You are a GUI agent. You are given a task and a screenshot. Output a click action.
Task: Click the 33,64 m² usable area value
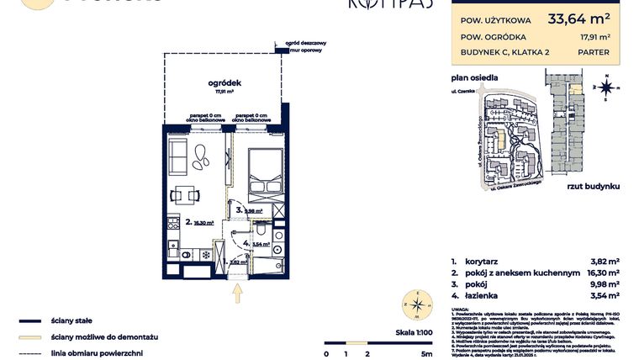pos(579,16)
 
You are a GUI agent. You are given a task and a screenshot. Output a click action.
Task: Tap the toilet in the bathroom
pos(262,229)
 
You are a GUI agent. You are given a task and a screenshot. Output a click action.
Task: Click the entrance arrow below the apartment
pos(238,293)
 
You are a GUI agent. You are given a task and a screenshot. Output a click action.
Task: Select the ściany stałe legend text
pos(71,320)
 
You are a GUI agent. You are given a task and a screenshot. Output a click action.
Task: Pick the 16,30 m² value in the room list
pos(603,273)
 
